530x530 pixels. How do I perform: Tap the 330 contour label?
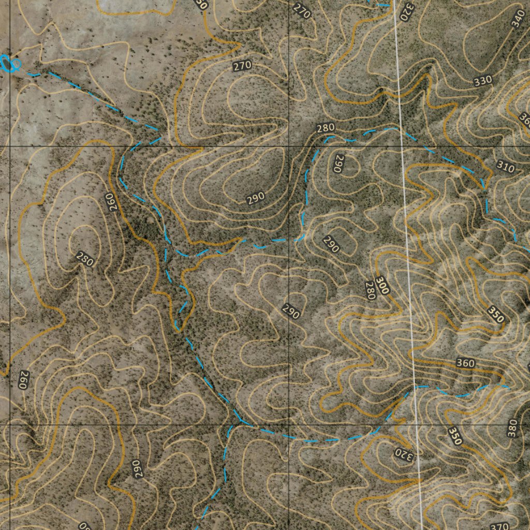click(482, 81)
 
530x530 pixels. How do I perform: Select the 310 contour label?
click(505, 168)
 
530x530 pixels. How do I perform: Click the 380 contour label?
click(512, 429)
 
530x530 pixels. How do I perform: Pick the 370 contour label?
click(499, 526)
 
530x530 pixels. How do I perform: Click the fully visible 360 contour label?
click(465, 363)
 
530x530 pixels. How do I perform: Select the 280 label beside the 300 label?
click(370, 290)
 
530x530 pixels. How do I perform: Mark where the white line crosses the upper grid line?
click(402, 146)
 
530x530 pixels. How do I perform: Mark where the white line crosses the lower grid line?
click(417, 424)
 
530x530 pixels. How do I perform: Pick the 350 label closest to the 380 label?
click(454, 436)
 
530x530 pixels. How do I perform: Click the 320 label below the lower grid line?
click(405, 453)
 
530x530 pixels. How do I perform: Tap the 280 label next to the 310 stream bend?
click(326, 128)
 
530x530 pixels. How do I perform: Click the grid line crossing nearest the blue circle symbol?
click(9, 146)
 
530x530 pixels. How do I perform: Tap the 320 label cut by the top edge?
click(407, 7)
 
